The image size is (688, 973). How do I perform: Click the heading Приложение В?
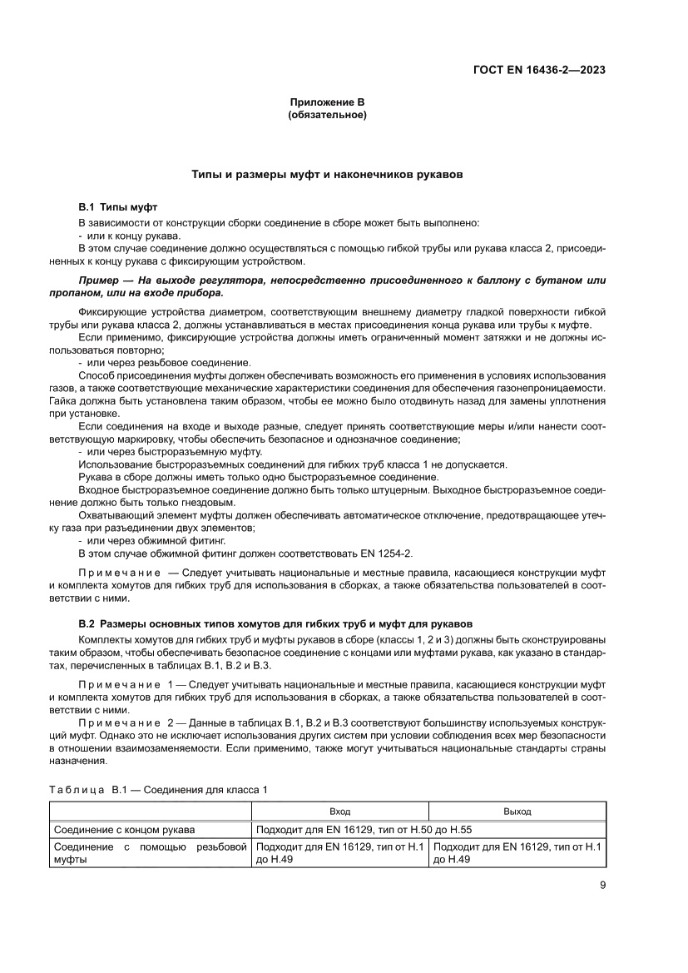[x=327, y=102]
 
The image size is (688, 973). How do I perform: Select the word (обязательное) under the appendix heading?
[x=327, y=114]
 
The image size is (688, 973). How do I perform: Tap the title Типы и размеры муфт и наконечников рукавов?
[x=327, y=176]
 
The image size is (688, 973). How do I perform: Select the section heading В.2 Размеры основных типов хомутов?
[x=275, y=623]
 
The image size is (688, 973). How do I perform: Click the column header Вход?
[x=339, y=810]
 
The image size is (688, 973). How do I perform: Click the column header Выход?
[x=517, y=810]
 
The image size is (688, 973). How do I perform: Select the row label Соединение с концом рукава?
[x=125, y=830]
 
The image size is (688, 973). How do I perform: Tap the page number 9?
[x=602, y=886]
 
